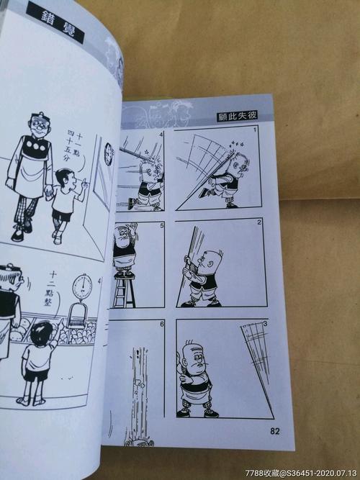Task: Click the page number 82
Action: pos(274,431)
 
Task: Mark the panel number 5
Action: pos(162,226)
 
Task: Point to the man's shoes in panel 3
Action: pos(196,413)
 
